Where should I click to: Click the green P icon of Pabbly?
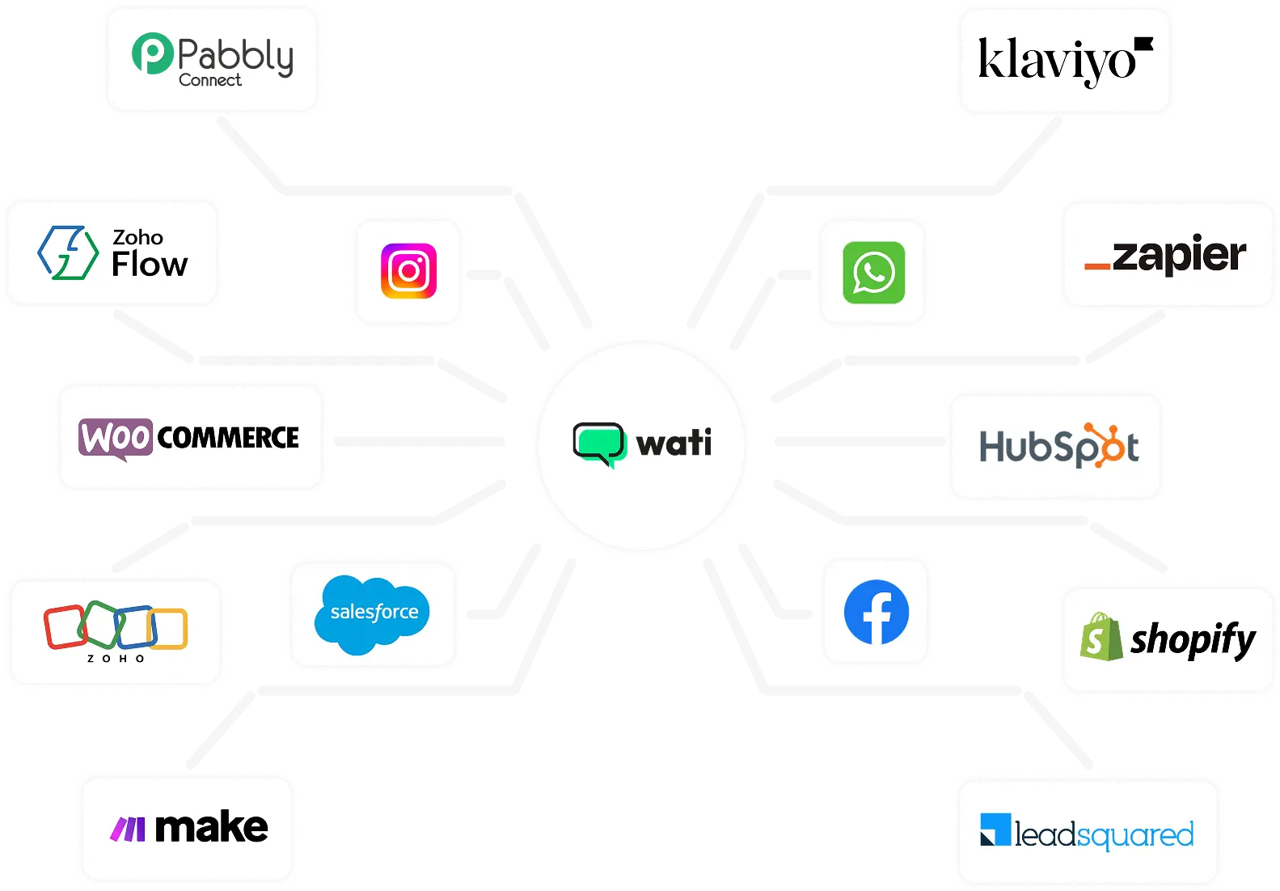point(153,53)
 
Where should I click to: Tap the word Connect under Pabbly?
point(210,80)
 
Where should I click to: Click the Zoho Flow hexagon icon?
point(68,253)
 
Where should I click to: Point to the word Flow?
point(150,265)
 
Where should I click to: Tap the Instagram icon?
point(408,271)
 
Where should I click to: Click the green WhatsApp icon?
point(873,273)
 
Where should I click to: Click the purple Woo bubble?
point(116,438)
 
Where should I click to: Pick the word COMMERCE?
point(228,438)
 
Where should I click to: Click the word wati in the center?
point(674,443)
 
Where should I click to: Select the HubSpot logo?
point(1058,446)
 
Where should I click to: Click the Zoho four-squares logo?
point(116,627)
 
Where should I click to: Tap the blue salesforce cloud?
point(372,613)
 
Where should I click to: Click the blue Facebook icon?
point(876,613)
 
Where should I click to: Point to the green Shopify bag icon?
point(1100,637)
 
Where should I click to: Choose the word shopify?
point(1193,639)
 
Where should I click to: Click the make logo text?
point(210,827)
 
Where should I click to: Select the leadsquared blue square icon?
point(995,830)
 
